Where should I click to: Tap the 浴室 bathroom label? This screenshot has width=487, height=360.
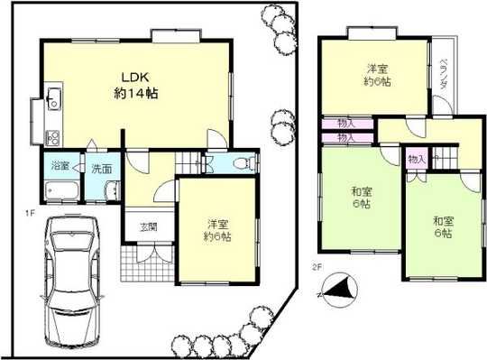click(59, 168)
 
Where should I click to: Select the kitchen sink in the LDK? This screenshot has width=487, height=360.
click(51, 98)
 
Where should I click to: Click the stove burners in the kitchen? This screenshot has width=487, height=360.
click(51, 138)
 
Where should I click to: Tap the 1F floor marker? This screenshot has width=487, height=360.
click(30, 213)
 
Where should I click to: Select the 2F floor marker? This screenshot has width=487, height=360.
click(317, 267)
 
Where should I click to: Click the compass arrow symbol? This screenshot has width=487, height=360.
click(335, 291)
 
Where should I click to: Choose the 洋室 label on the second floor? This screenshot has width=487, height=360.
click(376, 75)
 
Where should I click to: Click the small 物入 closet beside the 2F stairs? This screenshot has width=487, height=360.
click(416, 159)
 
